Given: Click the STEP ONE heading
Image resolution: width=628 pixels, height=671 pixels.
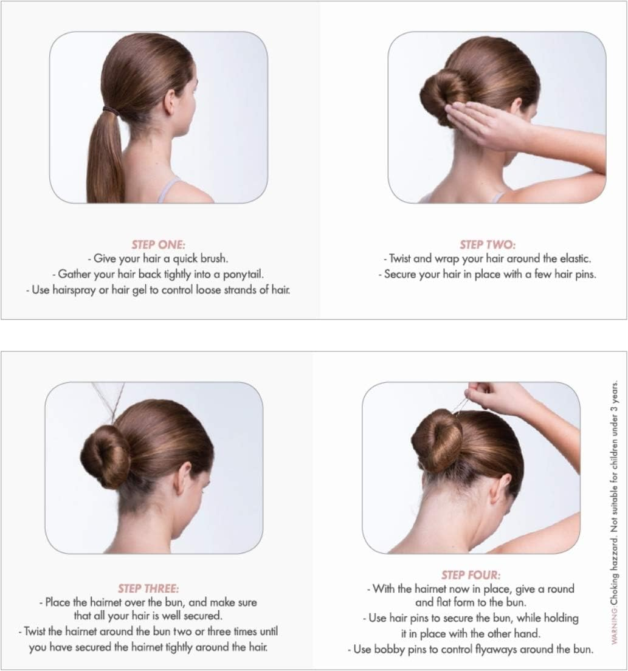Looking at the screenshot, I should click(x=157, y=245).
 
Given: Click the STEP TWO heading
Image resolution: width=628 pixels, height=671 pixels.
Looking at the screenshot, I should click(x=488, y=245).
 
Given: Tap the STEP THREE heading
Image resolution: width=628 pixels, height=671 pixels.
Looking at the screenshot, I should click(x=148, y=588).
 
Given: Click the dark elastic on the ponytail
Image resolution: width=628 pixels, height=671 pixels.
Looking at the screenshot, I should click(x=110, y=110).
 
